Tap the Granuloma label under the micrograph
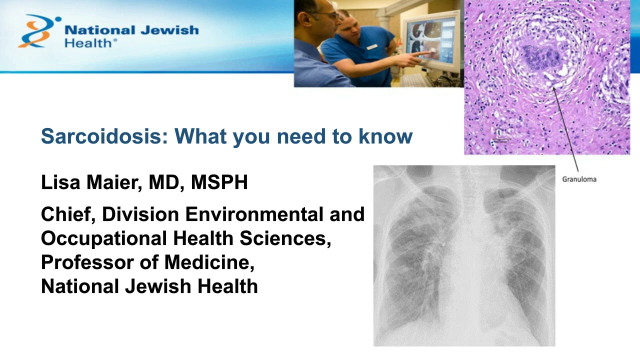(x=579, y=178)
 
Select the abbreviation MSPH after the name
(x=219, y=183)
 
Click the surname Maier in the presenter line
(x=114, y=183)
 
